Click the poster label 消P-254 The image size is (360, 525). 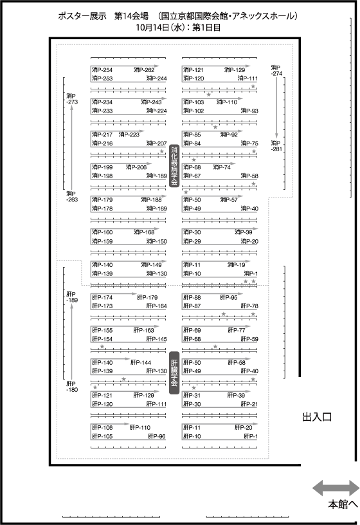tap(102, 70)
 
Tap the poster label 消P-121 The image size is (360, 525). tap(194, 70)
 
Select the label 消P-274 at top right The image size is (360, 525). tap(276, 70)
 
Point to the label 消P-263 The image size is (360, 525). tap(72, 196)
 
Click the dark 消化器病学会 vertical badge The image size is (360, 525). tap(174, 166)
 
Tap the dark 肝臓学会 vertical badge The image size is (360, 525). tap(174, 373)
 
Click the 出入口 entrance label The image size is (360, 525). tap(317, 417)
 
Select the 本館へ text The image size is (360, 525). tap(343, 504)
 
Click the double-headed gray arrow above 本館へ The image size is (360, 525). tap(336, 488)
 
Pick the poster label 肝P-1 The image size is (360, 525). tap(251, 436)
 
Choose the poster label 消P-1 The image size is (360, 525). tap(251, 273)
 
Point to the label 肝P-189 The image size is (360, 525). tap(72, 297)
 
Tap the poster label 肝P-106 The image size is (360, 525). tap(102, 428)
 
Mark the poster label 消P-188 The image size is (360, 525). tap(152, 200)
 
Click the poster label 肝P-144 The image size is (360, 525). tap(141, 363)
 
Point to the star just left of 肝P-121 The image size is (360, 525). tap(95, 387)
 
